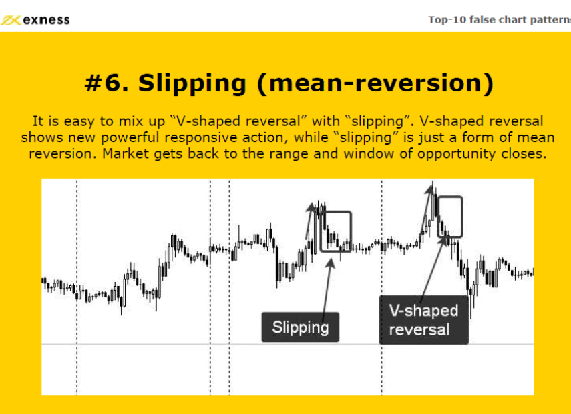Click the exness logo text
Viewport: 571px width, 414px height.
[x=46, y=19]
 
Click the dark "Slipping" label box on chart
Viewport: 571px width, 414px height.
[x=301, y=327]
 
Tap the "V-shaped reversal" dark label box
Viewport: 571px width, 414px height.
[x=424, y=320]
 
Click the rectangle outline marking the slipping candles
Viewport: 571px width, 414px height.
[x=321, y=231]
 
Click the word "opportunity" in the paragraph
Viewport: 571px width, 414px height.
[x=455, y=155]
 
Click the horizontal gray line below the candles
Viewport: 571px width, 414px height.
[x=288, y=344]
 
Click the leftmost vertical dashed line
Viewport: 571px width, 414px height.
[x=77, y=287]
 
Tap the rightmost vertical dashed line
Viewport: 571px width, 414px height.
[x=381, y=287]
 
